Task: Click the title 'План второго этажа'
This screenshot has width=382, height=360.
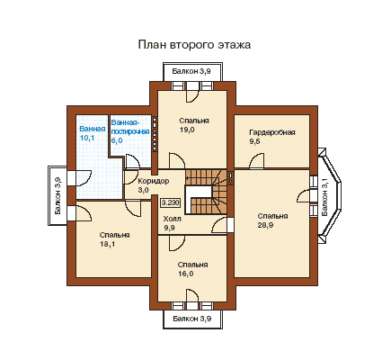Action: click(194, 45)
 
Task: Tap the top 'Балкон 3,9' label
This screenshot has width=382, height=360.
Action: click(191, 71)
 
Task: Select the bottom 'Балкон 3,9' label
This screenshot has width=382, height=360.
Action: click(192, 319)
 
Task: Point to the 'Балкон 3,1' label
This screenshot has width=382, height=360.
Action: click(324, 196)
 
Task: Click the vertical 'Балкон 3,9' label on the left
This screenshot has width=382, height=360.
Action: click(58, 195)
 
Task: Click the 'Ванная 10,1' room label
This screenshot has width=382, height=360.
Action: click(93, 133)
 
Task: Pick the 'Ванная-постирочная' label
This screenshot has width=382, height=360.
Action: click(130, 127)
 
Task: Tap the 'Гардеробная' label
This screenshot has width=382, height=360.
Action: click(272, 132)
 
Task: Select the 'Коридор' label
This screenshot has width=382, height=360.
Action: click(154, 181)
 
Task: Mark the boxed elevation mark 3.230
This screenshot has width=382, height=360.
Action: click(171, 203)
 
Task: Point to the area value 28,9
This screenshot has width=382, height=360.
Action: click(265, 225)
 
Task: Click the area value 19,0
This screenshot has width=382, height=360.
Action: click(187, 130)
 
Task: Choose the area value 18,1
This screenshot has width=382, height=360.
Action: click(107, 244)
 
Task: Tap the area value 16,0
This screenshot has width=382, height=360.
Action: click(185, 274)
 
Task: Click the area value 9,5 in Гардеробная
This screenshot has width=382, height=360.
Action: click(254, 141)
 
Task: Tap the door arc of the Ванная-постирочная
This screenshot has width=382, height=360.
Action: click(132, 159)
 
